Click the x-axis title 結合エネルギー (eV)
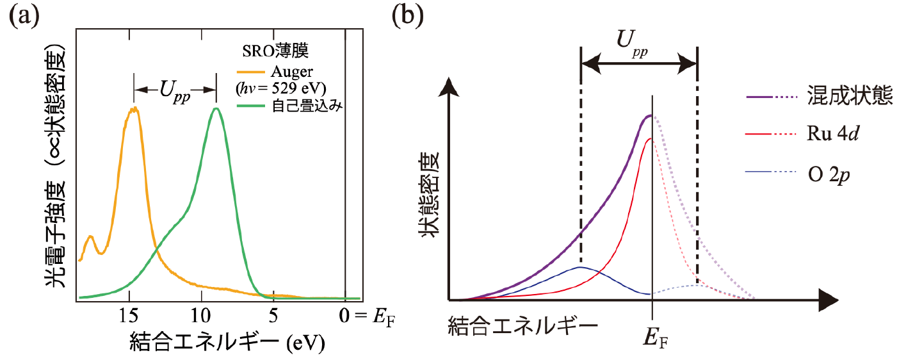(x=227, y=341)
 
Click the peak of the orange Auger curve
(x=134, y=109)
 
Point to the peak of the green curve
(x=216, y=108)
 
